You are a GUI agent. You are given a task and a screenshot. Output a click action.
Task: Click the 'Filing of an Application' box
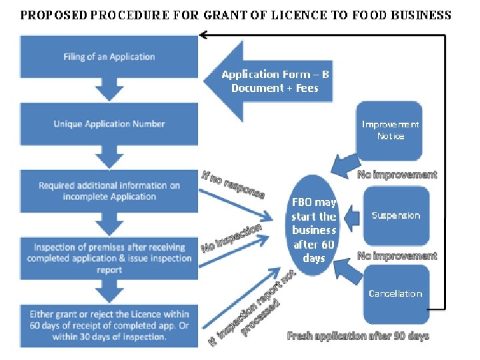[109, 57]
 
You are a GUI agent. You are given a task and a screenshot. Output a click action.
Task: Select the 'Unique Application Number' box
[109, 124]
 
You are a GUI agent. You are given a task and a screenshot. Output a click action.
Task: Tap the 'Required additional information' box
[109, 191]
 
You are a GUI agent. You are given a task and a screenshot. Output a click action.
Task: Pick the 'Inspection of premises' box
[109, 259]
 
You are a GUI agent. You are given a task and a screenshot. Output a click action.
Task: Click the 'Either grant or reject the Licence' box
[109, 325]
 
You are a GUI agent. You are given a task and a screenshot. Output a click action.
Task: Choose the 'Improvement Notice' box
[390, 130]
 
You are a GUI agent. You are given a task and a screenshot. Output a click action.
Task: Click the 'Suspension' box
[396, 215]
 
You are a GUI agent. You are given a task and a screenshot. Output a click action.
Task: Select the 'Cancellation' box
[396, 293]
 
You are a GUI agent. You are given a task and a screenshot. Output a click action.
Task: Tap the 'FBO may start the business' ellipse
[314, 229]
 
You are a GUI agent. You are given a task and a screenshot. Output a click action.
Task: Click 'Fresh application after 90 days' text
[358, 336]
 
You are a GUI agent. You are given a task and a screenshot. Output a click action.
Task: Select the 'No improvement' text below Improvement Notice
[397, 175]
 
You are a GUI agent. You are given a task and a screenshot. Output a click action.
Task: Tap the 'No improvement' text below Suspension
[397, 256]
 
